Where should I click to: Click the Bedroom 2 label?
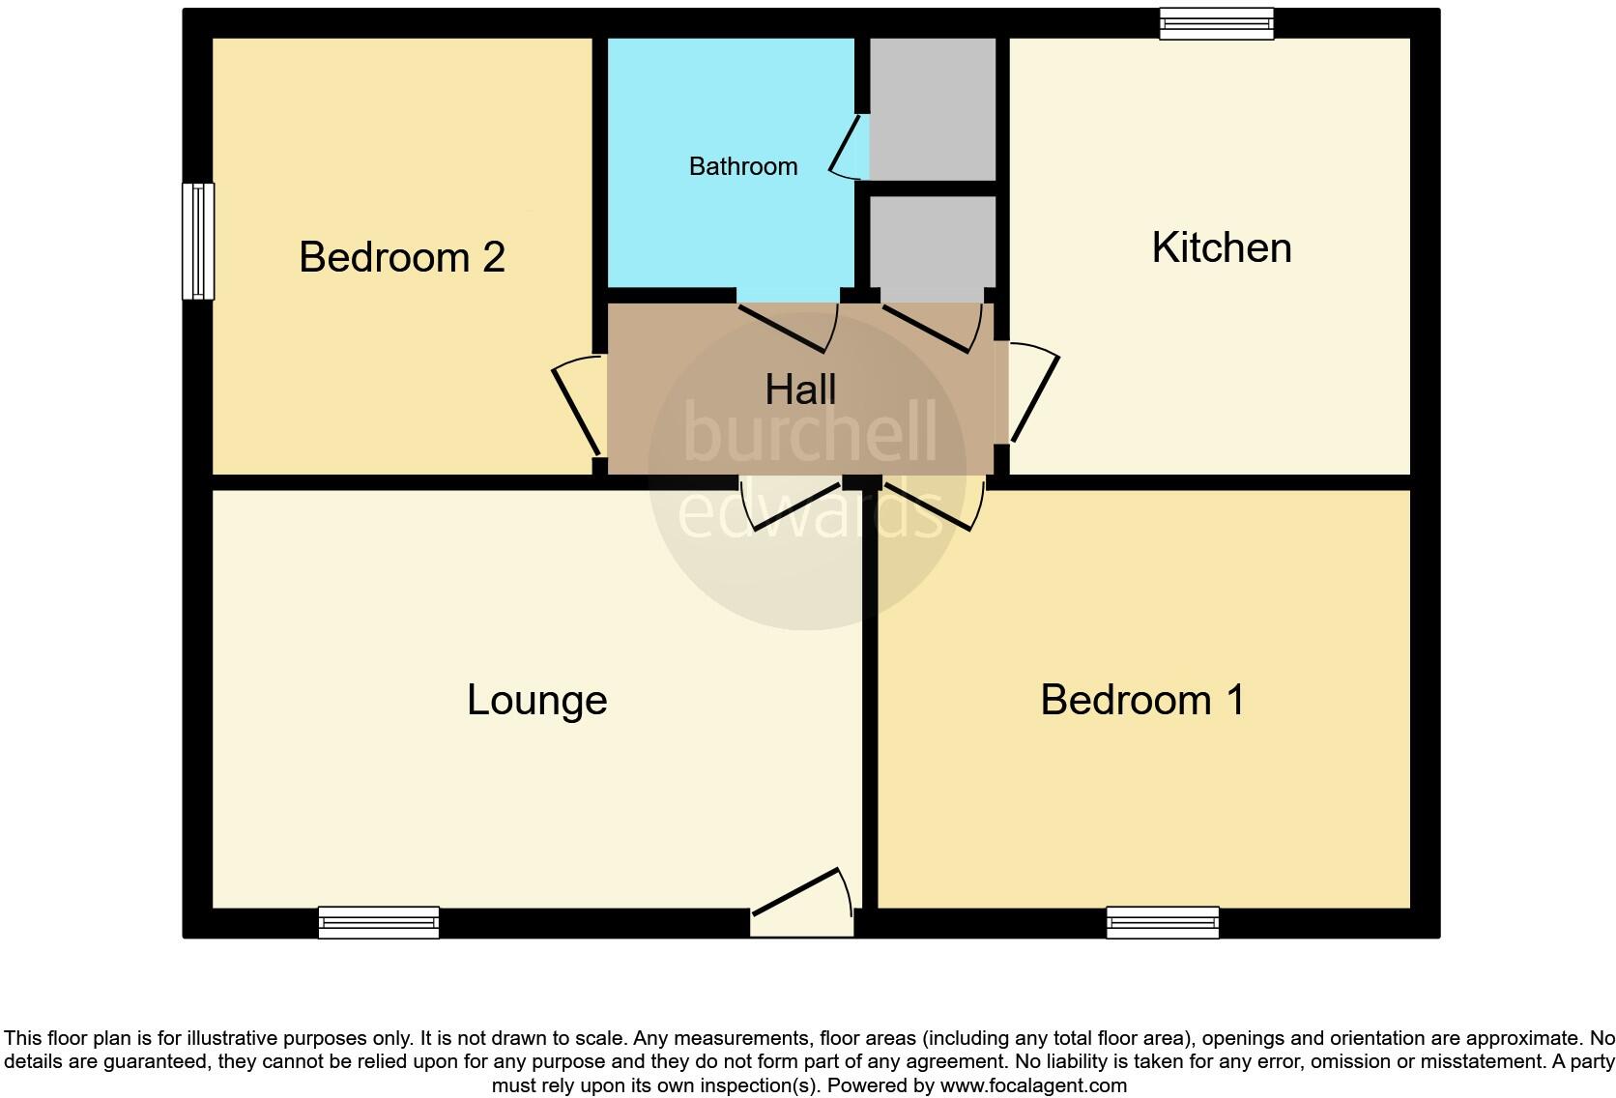coord(402,257)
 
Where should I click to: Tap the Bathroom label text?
coord(743,166)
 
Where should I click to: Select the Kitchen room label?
coord(1222,247)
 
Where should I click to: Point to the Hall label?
coord(800,390)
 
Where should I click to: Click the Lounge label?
coord(537,700)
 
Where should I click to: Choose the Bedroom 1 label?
coord(1142,700)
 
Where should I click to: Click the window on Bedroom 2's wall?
coord(198,241)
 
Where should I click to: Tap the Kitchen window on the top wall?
coord(1217,23)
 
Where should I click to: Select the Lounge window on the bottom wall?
coord(379,922)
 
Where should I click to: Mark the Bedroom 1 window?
coord(1163,922)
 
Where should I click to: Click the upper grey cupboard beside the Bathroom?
coord(933,108)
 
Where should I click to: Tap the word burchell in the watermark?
coord(810,431)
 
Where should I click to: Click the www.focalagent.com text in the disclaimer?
coord(1033,1085)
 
